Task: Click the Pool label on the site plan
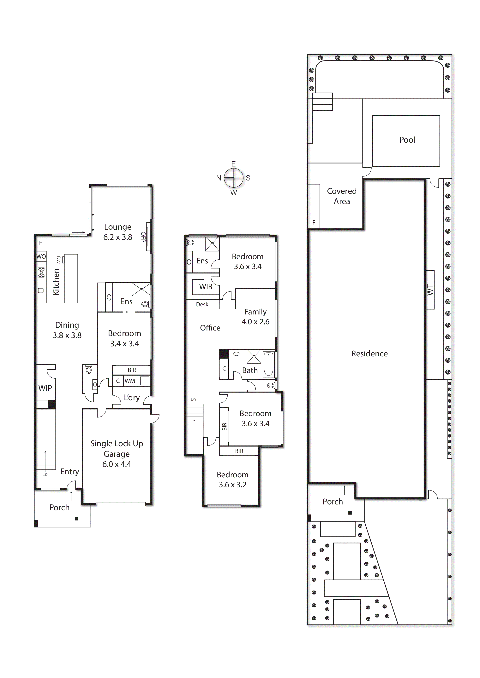pos(407,140)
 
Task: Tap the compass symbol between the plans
pos(233,178)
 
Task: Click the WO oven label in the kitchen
pos(41,256)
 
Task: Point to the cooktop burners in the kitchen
pos(41,272)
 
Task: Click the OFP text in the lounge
pos(143,237)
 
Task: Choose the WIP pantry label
pos(45,388)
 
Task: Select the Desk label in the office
pos(202,304)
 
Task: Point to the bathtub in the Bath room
pos(268,364)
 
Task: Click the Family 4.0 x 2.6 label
pos(255,317)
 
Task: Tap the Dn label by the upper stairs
pos(193,399)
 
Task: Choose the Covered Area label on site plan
pos(342,196)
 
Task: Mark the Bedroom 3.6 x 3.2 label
pos(232,480)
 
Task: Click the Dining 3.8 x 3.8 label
pos(67,330)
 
